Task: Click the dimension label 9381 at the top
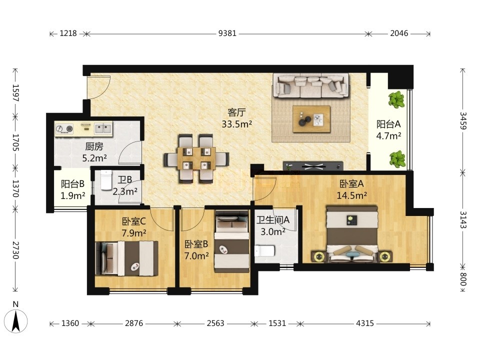(x=227, y=33)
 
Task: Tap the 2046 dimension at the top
(x=399, y=33)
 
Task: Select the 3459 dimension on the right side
(x=463, y=120)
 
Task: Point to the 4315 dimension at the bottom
(x=365, y=323)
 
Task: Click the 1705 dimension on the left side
(x=15, y=142)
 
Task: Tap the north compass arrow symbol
(x=15, y=321)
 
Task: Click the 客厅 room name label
(x=236, y=112)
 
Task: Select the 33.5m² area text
(x=236, y=124)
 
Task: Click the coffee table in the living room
(x=311, y=119)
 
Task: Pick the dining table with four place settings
(x=196, y=158)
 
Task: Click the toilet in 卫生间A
(x=264, y=251)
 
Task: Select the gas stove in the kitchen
(x=65, y=129)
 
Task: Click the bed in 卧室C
(x=126, y=258)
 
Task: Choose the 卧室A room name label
(x=351, y=184)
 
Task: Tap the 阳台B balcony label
(x=72, y=184)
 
